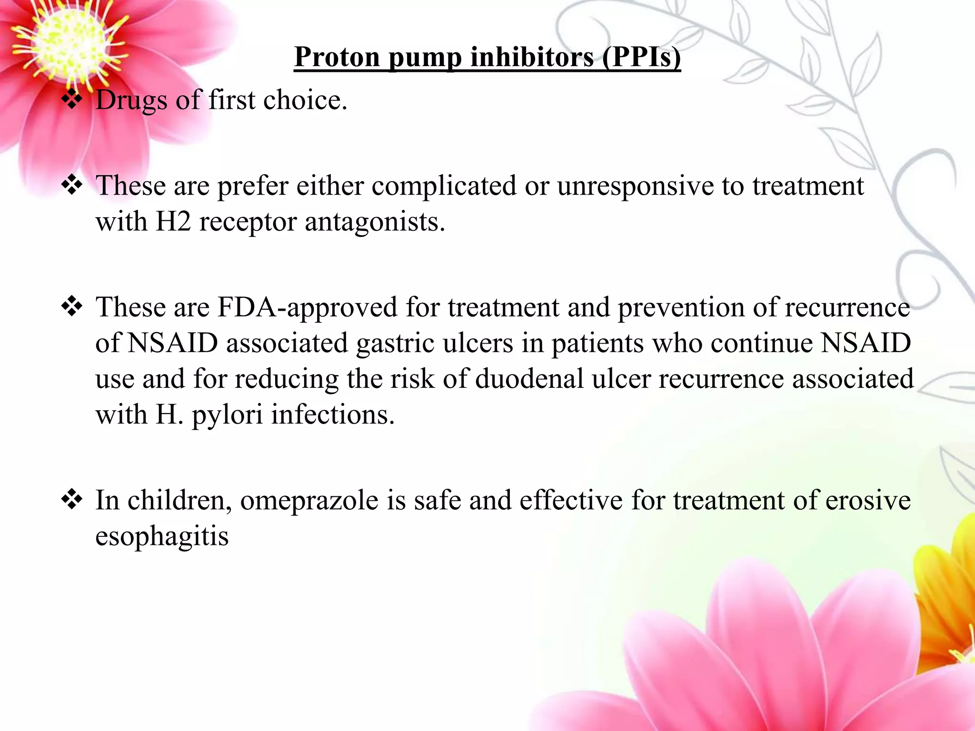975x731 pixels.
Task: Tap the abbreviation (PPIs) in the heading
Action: [641, 58]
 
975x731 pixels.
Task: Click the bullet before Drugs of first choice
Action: [72, 100]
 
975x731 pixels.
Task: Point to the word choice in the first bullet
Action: [305, 100]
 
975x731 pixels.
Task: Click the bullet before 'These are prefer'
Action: [72, 185]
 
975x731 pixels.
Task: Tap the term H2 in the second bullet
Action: [173, 222]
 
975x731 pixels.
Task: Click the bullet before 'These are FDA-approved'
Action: [72, 307]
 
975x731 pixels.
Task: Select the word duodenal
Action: [529, 379]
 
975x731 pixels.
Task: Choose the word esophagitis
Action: [162, 537]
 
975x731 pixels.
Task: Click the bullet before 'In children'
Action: [72, 500]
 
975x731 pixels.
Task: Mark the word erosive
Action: [867, 501]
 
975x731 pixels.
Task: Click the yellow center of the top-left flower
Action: [67, 45]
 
